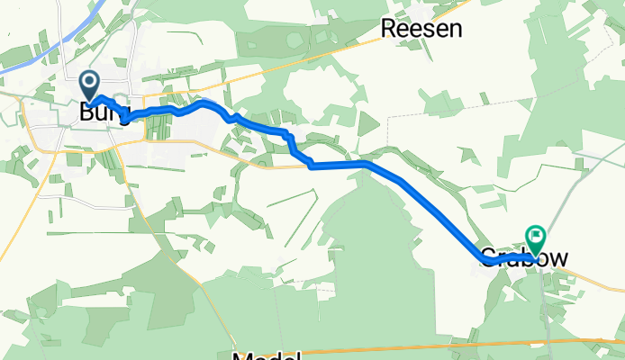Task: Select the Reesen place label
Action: (x=421, y=29)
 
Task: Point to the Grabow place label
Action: (x=524, y=259)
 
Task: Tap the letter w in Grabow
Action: (x=558, y=259)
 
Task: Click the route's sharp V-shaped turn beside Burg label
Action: (x=125, y=118)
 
